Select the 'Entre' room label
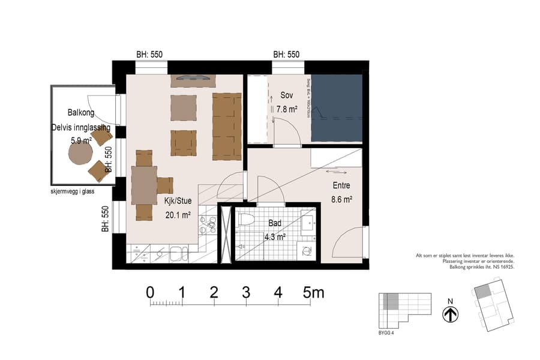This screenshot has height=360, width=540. point(340,186)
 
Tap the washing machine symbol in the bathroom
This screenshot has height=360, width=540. point(307,250)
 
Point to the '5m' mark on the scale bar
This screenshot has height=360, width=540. point(313,293)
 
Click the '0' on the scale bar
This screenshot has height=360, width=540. point(150,293)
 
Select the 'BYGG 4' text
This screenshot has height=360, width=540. point(386,334)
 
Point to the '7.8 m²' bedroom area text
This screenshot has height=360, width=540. point(287,110)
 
